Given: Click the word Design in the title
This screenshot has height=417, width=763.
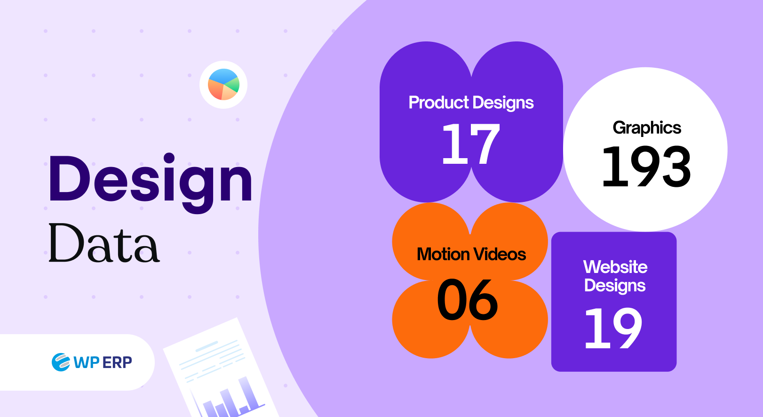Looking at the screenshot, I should pos(151,181).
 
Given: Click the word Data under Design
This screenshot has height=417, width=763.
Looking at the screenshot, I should pos(104,244).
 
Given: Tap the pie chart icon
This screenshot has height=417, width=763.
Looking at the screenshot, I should pos(223,85).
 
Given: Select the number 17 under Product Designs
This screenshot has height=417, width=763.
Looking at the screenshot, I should pos(470,144).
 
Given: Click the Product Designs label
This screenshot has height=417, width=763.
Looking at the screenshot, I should pos(471,103).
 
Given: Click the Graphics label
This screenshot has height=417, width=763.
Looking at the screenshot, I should pos(647,128).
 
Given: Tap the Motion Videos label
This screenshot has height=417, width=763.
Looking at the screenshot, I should pos(471,255).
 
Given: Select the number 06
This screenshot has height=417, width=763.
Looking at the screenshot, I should pos(468,300).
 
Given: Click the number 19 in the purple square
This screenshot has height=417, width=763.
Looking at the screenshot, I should pos(613,328).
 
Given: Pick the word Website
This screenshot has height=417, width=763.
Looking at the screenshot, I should pos(615,267).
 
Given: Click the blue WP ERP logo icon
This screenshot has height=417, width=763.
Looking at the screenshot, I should pos(61,362).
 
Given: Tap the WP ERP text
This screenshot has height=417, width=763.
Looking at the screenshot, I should pos(103,362).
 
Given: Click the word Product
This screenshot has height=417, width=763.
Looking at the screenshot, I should pos(438,103).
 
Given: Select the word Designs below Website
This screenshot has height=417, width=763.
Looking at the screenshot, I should pos(615,286).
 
